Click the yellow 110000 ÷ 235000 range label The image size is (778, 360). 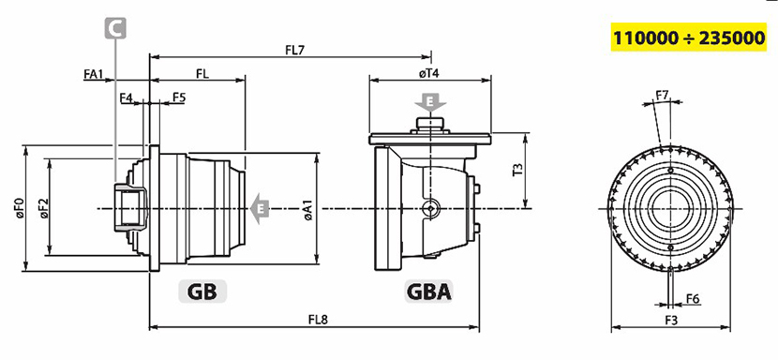(689, 37)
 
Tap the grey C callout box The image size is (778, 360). (115, 28)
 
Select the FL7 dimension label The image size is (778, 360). (294, 50)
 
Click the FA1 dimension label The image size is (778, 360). (93, 74)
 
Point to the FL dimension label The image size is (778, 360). (202, 74)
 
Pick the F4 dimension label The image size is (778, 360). (126, 97)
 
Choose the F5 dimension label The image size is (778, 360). (179, 97)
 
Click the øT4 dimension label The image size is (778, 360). (429, 73)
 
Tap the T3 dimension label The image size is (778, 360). (518, 171)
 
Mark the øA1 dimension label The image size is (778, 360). (307, 210)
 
